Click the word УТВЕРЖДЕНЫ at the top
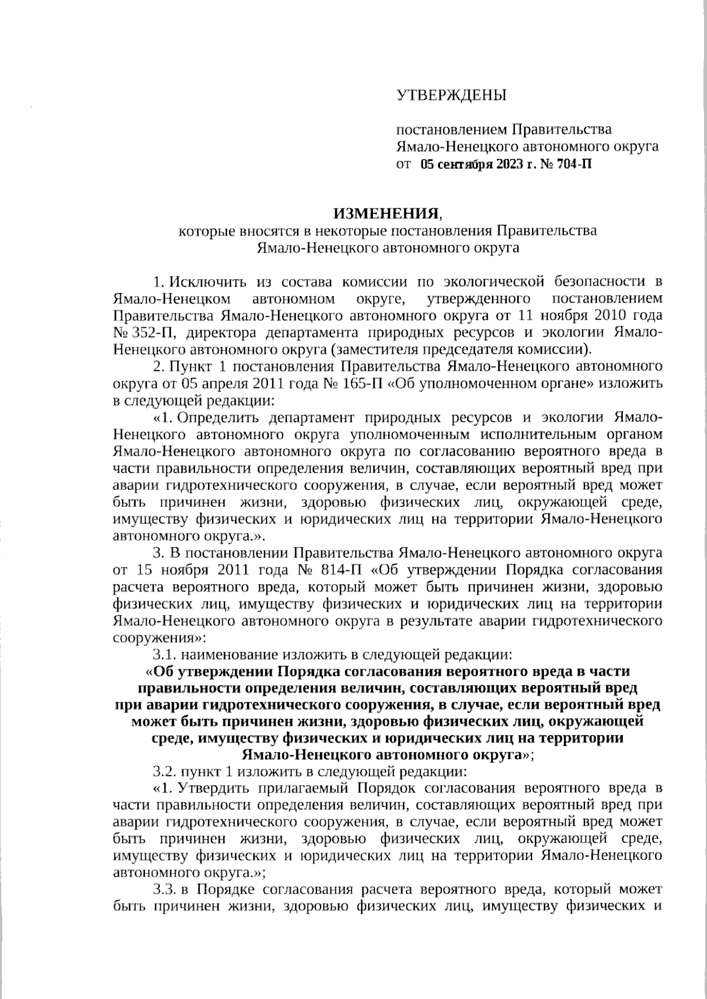click(x=451, y=95)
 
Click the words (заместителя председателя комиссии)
click(x=461, y=349)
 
